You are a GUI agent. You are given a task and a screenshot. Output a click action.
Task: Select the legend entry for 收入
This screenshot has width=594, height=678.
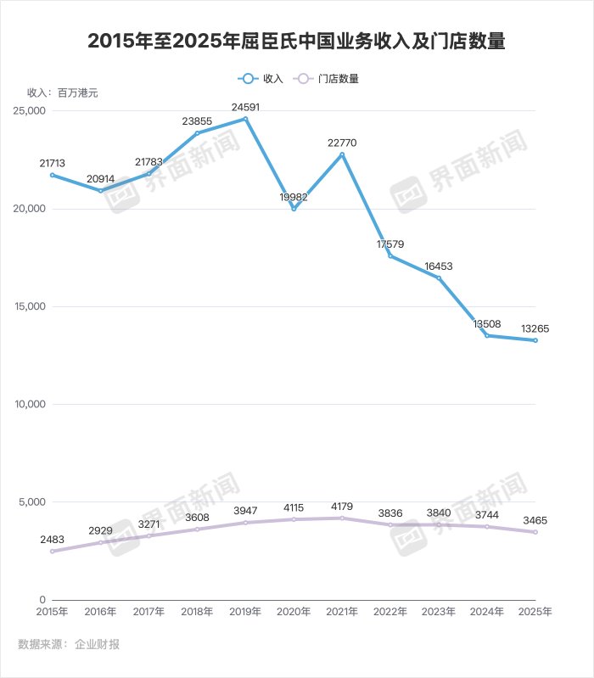pyautogui.click(x=262, y=78)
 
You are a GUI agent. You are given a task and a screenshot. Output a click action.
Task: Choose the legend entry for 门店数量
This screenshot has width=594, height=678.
pyautogui.click(x=326, y=78)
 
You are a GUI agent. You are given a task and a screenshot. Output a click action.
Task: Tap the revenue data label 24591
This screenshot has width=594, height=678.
pyautogui.click(x=245, y=107)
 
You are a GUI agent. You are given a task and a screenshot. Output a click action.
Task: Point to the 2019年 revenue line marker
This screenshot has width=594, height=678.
pyautogui.click(x=245, y=119)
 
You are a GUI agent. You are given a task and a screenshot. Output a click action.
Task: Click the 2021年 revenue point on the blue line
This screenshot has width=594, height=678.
pyautogui.click(x=342, y=154)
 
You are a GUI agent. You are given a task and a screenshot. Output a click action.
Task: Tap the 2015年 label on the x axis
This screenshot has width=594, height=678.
pyautogui.click(x=52, y=611)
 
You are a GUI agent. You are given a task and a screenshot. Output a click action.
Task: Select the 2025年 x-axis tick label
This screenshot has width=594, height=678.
pyautogui.click(x=535, y=611)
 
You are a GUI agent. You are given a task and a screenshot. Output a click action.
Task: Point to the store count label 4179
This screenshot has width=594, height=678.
pyautogui.click(x=342, y=507)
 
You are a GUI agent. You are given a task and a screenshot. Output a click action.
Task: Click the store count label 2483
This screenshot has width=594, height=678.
pyautogui.click(x=52, y=540)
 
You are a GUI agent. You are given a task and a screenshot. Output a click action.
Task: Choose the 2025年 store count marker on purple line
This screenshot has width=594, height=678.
pyautogui.click(x=535, y=532)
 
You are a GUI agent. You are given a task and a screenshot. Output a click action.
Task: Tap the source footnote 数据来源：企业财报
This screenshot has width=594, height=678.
pyautogui.click(x=69, y=644)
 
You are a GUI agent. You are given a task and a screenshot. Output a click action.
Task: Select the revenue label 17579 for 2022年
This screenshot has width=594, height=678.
pyautogui.click(x=390, y=244)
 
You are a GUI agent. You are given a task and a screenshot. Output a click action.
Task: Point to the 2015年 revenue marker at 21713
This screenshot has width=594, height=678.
pyautogui.click(x=52, y=175)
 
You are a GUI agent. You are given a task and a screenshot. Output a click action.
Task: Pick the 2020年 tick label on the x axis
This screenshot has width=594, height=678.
pyautogui.click(x=294, y=611)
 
